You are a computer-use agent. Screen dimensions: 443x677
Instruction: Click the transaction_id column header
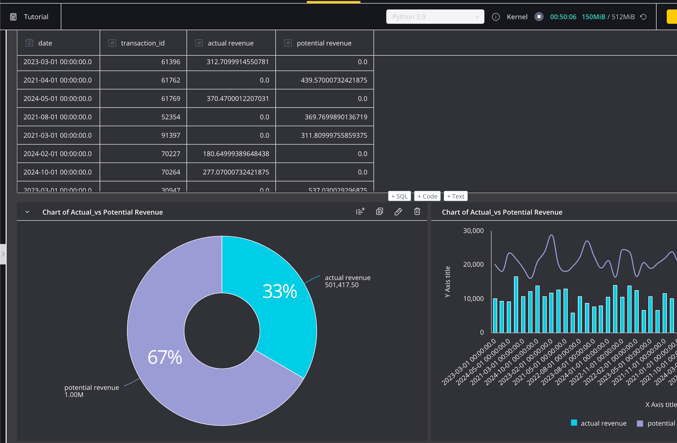pos(143,43)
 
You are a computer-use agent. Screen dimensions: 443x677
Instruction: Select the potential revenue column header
pos(324,43)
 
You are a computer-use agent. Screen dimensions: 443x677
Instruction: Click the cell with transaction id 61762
pos(171,80)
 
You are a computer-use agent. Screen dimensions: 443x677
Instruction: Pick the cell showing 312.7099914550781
pos(238,62)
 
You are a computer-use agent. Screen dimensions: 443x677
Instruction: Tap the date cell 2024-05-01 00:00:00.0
pos(57,98)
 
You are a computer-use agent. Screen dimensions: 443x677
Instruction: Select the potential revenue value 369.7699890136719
pos(336,117)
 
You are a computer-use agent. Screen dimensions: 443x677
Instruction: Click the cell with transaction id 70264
pos(171,172)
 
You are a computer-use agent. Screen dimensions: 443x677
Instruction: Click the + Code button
pos(427,196)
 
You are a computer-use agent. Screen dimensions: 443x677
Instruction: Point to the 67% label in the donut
pos(165,357)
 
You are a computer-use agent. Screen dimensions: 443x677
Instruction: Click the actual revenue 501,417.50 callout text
pos(347,281)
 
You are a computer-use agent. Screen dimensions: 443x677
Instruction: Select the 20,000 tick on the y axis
pos(473,264)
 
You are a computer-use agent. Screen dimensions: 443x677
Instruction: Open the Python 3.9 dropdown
pos(435,17)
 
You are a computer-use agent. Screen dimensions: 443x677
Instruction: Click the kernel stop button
pos(539,17)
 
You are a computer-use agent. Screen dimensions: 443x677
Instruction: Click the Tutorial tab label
pos(36,17)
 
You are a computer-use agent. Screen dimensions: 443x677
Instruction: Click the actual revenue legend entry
pos(599,423)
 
